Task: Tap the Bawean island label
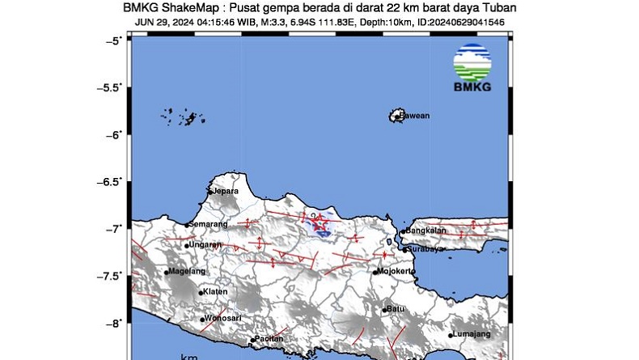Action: click(x=416, y=116)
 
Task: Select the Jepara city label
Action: click(x=226, y=191)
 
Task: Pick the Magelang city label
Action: click(x=187, y=272)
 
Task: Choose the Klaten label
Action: click(x=215, y=292)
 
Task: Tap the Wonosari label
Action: click(x=223, y=319)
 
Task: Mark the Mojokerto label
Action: click(x=398, y=271)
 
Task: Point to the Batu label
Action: click(x=396, y=308)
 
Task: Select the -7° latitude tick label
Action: click(x=116, y=229)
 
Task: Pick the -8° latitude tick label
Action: click(x=116, y=323)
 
